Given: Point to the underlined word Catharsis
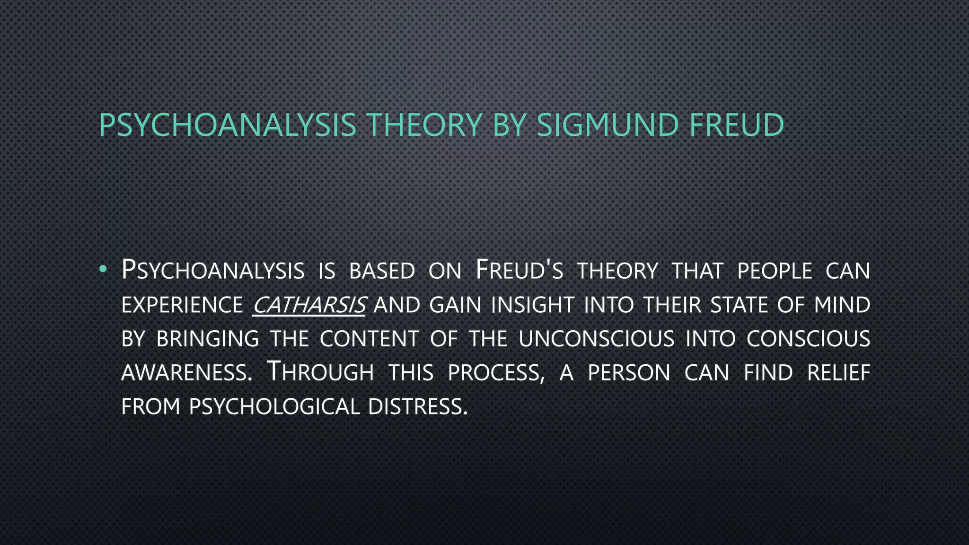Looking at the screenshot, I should click(x=309, y=305).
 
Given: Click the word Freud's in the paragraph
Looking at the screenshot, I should click(x=519, y=271).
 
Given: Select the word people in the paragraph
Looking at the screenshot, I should click(x=775, y=271).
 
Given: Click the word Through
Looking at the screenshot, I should click(x=320, y=372).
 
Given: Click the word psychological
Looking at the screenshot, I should click(x=274, y=407).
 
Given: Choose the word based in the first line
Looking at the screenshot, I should click(x=382, y=271).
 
